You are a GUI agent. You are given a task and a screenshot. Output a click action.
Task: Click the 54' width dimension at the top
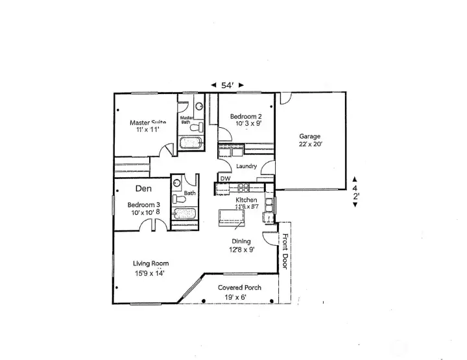228,85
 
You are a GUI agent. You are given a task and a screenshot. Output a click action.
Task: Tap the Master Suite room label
148,122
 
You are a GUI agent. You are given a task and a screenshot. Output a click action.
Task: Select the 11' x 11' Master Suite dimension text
148,130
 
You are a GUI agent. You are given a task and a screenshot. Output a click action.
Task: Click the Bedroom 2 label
246,116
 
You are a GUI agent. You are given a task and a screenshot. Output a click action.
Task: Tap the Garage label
309,136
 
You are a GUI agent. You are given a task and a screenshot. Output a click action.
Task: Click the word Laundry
247,167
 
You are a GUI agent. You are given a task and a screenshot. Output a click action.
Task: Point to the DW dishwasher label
225,178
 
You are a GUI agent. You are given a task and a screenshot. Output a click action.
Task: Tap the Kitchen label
246,200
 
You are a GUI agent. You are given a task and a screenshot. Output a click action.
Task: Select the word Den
143,189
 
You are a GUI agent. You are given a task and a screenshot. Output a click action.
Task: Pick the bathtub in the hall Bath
182,215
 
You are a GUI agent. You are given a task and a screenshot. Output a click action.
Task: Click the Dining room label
241,241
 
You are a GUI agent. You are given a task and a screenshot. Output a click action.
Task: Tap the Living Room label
150,263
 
